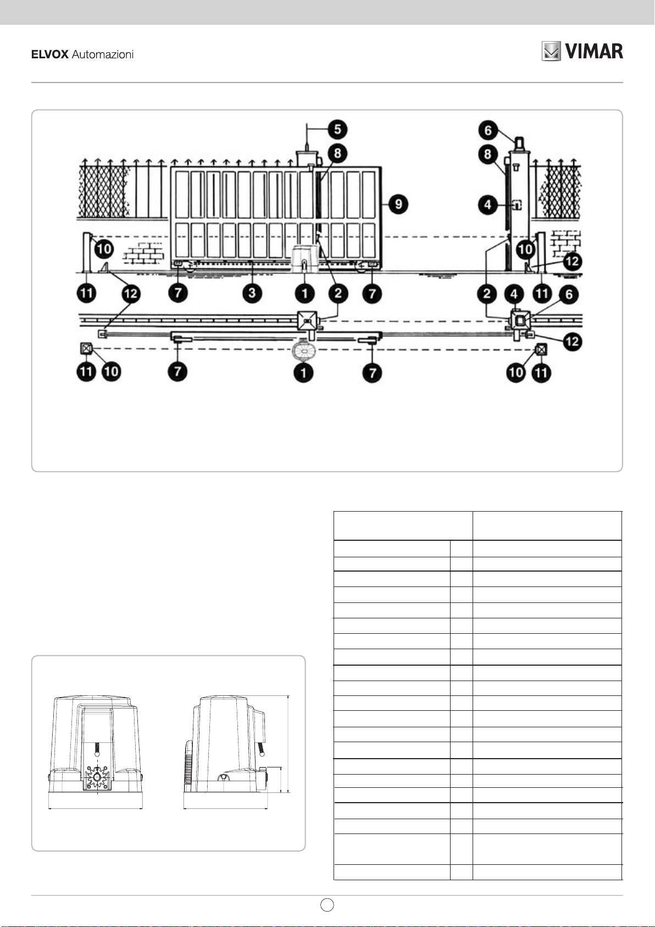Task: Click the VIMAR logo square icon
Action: [x=551, y=51]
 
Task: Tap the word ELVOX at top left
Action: [x=49, y=54]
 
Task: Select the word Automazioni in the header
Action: [x=103, y=54]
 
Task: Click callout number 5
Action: [x=337, y=129]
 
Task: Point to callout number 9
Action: [x=398, y=204]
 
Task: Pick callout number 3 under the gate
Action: [x=252, y=292]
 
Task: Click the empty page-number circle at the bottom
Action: [x=327, y=905]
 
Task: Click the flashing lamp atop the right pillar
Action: [x=519, y=144]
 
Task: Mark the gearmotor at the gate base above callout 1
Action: [x=304, y=259]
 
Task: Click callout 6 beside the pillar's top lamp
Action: [x=488, y=131]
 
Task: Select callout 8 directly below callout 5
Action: [x=337, y=153]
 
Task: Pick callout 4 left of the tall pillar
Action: [x=488, y=205]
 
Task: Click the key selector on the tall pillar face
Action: [x=516, y=205]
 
